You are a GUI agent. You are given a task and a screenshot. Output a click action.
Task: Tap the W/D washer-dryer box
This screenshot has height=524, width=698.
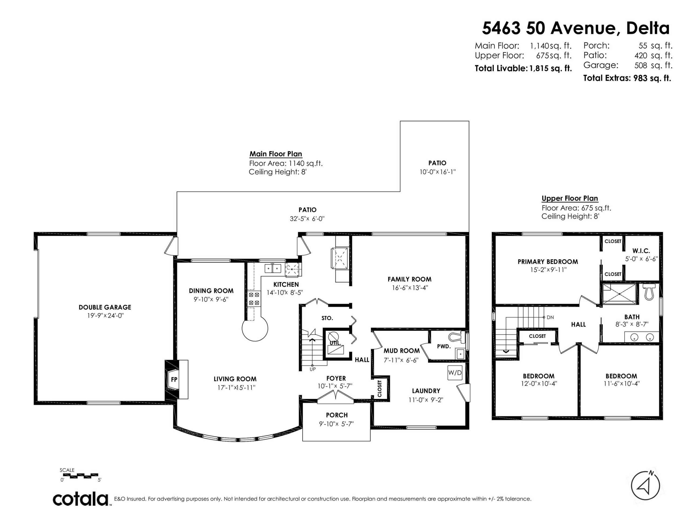455,373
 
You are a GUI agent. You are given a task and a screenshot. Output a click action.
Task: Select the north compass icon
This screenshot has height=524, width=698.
645,486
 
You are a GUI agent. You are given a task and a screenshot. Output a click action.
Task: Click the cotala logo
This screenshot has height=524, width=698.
81,499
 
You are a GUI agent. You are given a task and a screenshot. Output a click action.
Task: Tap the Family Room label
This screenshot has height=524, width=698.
409,279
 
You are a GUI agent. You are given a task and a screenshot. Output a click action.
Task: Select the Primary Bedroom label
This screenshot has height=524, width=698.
548,262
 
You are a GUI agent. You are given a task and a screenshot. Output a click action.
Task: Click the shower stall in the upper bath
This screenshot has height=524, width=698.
619,294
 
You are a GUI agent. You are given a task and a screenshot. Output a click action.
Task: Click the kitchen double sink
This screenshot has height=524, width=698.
273,269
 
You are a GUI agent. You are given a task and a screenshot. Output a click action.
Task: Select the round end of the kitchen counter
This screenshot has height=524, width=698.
255,328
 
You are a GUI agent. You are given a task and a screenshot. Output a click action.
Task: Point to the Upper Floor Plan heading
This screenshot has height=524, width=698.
570,198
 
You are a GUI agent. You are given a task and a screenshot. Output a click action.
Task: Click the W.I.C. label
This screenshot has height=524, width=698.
641,251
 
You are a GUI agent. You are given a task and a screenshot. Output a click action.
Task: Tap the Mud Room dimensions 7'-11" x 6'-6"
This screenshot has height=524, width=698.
401,360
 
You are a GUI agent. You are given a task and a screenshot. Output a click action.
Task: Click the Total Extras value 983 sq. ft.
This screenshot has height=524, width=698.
652,78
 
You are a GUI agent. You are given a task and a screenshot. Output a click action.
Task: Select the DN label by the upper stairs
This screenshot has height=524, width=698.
550,317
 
